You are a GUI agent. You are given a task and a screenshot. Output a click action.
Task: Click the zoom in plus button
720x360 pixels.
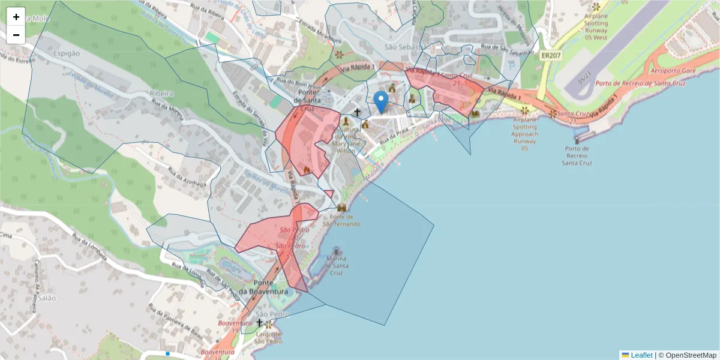pyautogui.click(x=16, y=17)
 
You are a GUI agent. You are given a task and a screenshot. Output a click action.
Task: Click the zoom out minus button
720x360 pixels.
pyautogui.click(x=16, y=35)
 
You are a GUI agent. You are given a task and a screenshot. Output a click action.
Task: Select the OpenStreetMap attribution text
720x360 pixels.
pyautogui.click(x=687, y=355)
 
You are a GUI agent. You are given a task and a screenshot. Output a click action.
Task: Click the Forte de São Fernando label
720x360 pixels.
pyautogui.click(x=341, y=220)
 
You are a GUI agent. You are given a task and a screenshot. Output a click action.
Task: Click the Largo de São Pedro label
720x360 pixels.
pyautogui.click(x=268, y=338)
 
